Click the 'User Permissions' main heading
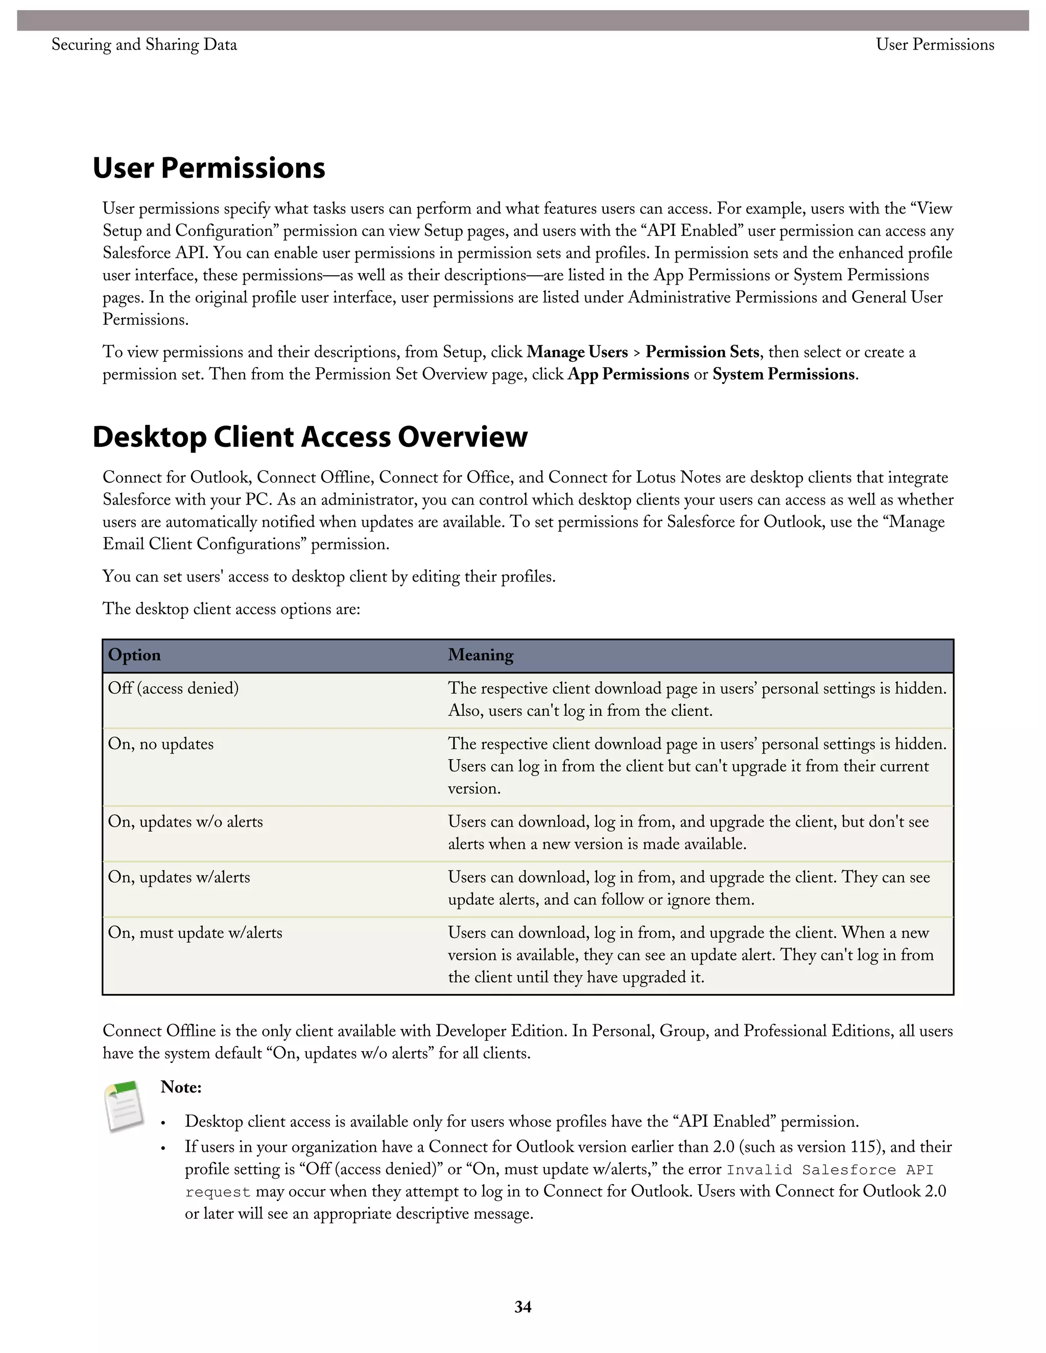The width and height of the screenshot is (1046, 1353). tap(209, 168)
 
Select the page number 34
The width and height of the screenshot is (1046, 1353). tap(522, 1307)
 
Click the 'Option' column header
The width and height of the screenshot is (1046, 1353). tap(134, 656)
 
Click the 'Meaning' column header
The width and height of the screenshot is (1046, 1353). tap(481, 656)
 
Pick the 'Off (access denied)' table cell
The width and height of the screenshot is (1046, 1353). tap(174, 688)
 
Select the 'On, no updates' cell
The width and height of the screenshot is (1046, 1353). tap(161, 744)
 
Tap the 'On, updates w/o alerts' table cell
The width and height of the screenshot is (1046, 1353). tap(186, 822)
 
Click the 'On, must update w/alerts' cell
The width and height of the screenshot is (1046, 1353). tap(195, 933)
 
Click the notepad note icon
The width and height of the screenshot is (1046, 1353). tap(125, 1106)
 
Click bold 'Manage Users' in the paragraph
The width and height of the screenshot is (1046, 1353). tap(578, 352)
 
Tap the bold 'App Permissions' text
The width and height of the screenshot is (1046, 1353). tap(628, 375)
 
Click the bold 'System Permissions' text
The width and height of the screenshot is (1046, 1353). tap(784, 375)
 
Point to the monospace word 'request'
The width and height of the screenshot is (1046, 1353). tap(218, 1193)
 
